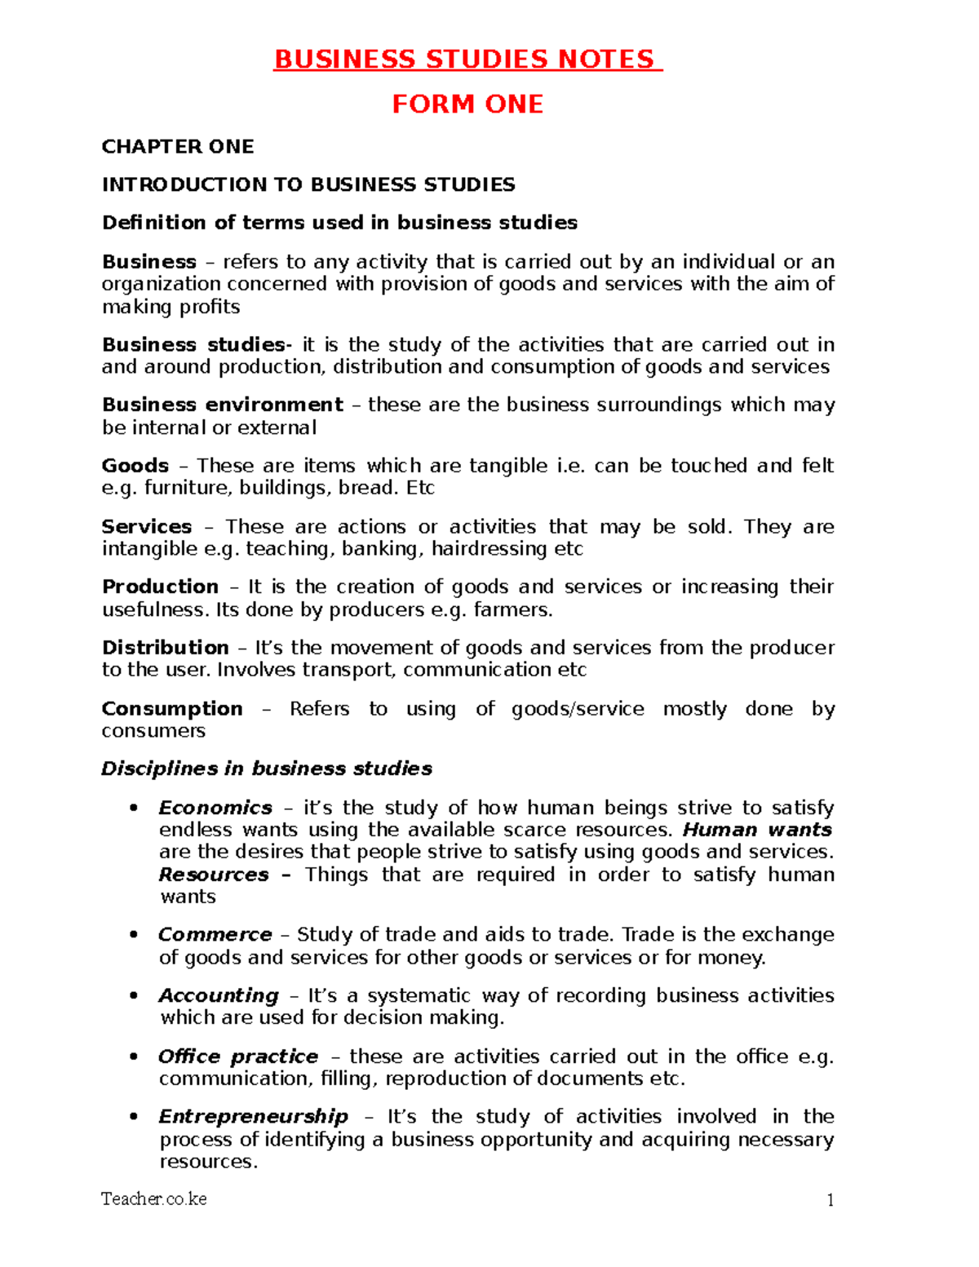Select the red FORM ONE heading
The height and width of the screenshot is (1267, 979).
point(467,104)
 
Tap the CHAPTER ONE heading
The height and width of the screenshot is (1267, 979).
point(178,147)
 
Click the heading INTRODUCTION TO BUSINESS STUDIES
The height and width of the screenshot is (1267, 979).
point(308,185)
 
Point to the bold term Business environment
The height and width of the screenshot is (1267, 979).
point(222,405)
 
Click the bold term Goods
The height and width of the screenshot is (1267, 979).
point(135,466)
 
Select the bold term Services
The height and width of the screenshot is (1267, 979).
point(147,527)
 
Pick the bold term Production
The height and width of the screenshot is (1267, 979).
point(160,587)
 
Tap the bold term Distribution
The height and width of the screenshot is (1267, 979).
point(165,648)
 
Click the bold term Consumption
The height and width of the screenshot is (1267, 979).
point(172,709)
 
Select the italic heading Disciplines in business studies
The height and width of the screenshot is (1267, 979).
point(267,769)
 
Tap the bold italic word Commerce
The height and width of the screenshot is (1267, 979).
point(215,935)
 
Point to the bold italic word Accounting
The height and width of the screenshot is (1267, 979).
point(219,996)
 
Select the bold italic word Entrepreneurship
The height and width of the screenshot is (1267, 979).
point(254,1117)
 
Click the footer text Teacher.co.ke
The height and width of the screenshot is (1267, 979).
point(154,1199)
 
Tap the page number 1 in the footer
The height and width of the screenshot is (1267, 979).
point(831,1200)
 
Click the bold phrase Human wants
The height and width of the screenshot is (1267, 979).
point(757,831)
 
